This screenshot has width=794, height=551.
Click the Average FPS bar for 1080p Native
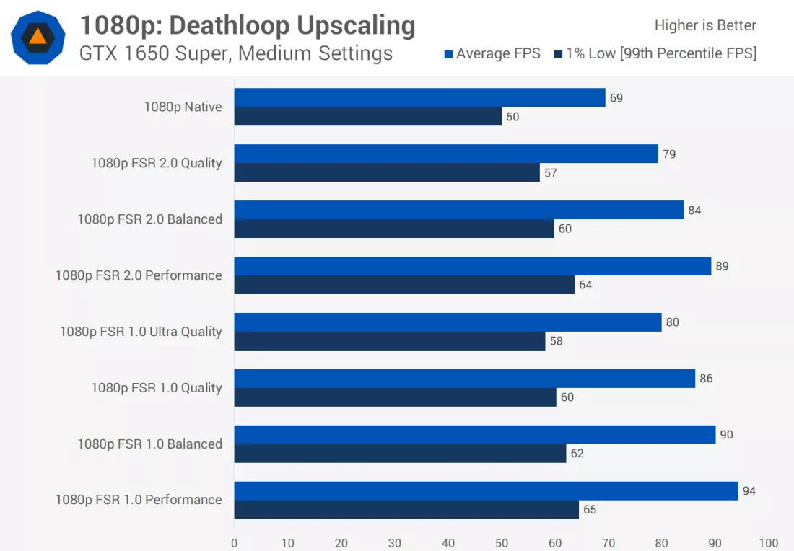pos(419,97)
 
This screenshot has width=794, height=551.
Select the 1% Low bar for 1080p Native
pos(367,116)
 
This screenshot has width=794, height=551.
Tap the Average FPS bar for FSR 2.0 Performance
pos(473,266)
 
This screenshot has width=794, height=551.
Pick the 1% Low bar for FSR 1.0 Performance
pos(406,509)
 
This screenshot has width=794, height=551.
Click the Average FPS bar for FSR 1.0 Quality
pos(464,379)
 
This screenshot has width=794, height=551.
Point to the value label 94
pos(749,491)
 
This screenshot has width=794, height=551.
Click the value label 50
pos(512,117)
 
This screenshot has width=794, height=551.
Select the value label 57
pos(551,173)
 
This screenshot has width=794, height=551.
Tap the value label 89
pos(722,266)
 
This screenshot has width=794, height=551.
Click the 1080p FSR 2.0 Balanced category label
pos(149,219)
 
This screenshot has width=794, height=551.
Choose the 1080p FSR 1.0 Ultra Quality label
pos(141,332)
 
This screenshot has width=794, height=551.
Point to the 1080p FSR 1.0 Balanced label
pos(149,444)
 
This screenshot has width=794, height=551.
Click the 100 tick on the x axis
pos(769,543)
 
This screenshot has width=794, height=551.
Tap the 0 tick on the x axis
pos(234,543)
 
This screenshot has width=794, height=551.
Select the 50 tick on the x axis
pos(502,543)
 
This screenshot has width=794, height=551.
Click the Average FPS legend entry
pos(492,54)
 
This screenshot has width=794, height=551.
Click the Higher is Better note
pos(705,26)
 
